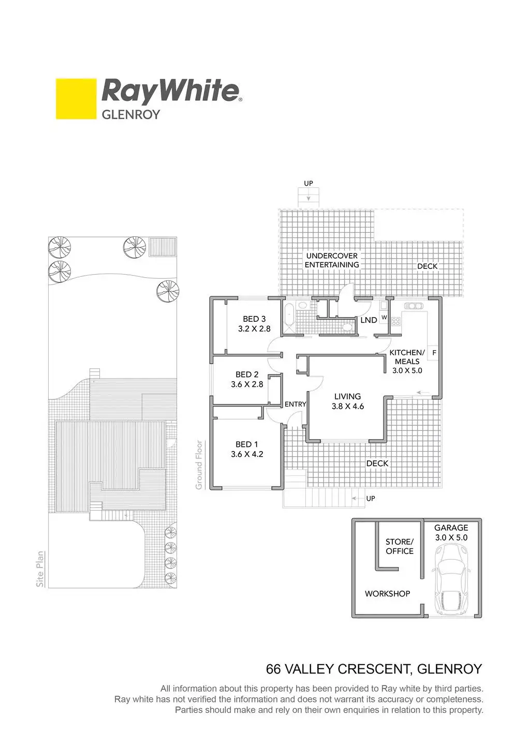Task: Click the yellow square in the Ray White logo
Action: pos(76,99)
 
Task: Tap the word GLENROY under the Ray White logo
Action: pos(131,114)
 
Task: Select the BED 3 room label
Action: pos(254,319)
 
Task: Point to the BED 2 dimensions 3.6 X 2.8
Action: pos(247,384)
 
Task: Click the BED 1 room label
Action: pos(246,444)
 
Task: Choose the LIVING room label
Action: pos(347,397)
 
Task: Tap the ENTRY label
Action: pos(296,405)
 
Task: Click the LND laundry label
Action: pos(369,320)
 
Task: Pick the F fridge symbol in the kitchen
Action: pos(434,353)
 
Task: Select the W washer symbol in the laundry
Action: pos(384,317)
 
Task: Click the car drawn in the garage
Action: pos(451,582)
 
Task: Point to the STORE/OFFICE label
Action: pos(400,546)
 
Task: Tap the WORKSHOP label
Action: pos(387,594)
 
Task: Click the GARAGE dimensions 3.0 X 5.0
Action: pos(451,538)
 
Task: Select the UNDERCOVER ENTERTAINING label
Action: pos(332,260)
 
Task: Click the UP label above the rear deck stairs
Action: pos(308,184)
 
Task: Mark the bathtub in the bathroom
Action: pos(288,315)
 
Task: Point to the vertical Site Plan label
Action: pos(40,569)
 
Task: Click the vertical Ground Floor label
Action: pos(199,465)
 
